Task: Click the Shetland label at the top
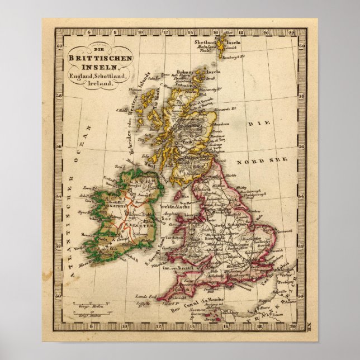click(x=205, y=42)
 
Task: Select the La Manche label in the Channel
click(x=211, y=303)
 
